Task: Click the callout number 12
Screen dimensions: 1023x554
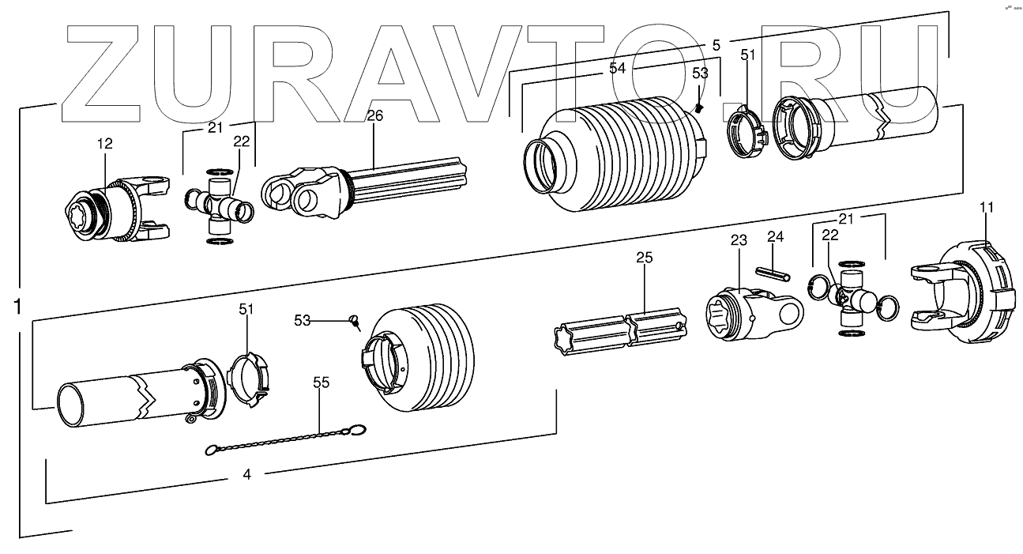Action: [105, 143]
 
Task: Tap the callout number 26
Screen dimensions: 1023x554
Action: [374, 115]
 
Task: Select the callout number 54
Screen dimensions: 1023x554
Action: [617, 69]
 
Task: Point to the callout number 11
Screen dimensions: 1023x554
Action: [987, 207]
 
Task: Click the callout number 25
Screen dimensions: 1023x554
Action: [645, 258]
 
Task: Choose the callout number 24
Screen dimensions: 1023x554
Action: [775, 236]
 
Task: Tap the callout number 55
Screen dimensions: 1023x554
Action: [321, 383]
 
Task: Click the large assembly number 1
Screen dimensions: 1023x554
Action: [18, 306]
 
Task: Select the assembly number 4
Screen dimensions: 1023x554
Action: [246, 474]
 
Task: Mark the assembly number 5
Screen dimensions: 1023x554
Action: [716, 45]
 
